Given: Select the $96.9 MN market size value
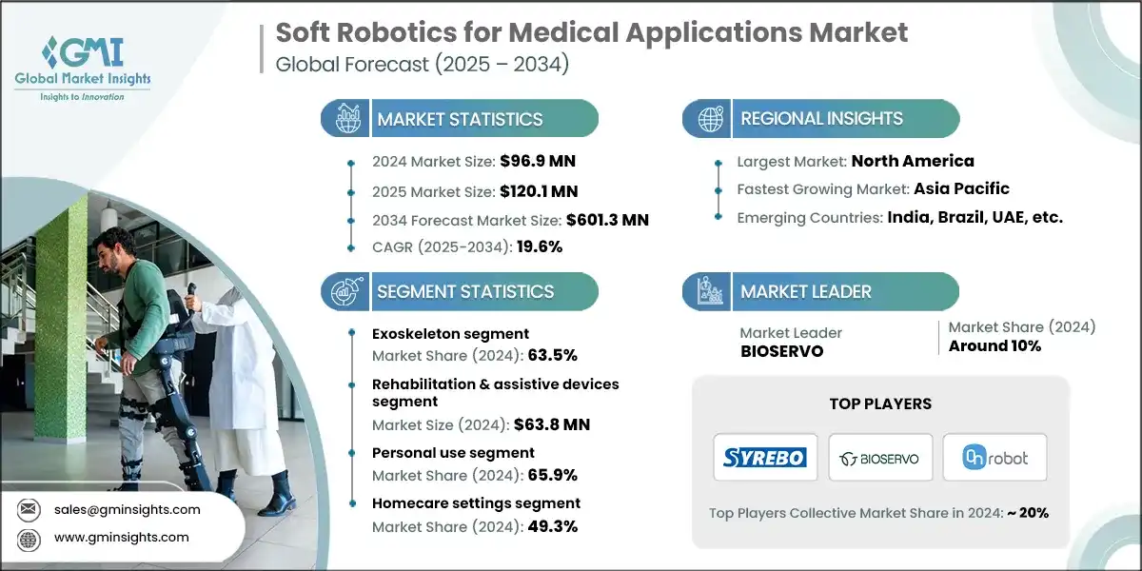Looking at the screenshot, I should point(538,161).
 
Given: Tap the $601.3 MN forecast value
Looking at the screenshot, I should point(607,220).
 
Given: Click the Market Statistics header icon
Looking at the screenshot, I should point(346,118).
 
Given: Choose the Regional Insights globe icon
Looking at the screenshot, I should point(708,118).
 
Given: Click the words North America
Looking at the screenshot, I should point(913,161).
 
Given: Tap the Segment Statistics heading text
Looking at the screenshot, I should point(465,291).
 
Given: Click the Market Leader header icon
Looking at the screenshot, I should point(708,291).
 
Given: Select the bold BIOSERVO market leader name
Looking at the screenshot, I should point(781,349).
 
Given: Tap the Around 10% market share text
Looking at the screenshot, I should point(994,345).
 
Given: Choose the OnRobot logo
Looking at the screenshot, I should point(994,457).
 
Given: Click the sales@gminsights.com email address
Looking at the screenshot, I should point(127,509).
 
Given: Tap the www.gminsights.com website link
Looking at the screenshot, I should point(122,537).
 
